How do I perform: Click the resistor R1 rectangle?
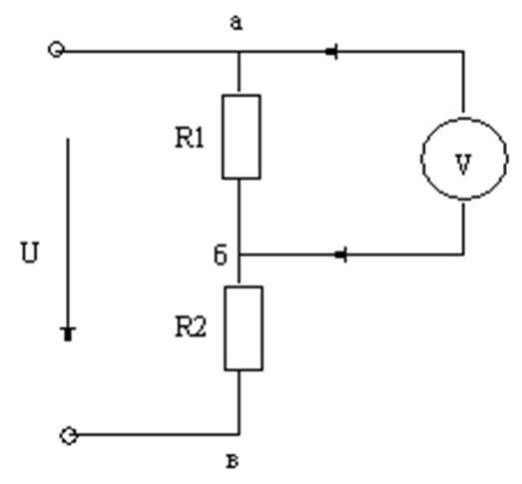pyautogui.click(x=223, y=137)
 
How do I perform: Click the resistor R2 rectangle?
pyautogui.click(x=225, y=328)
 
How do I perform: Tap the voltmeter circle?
pyautogui.click(x=423, y=159)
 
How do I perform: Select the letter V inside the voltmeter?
pyautogui.click(x=463, y=164)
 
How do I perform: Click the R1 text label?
pyautogui.click(x=189, y=138)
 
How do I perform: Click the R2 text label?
pyautogui.click(x=191, y=327)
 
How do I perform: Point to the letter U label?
pyautogui.click(x=30, y=252)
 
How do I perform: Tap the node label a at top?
pyautogui.click(x=237, y=23)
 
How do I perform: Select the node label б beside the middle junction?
pyautogui.click(x=221, y=254)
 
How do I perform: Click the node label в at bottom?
pyautogui.click(x=233, y=461)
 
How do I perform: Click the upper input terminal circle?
pyautogui.click(x=56, y=50)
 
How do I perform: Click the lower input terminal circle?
pyautogui.click(x=69, y=436)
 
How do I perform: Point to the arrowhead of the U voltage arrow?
pyautogui.click(x=68, y=334)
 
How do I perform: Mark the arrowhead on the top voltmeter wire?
pyautogui.click(x=332, y=52)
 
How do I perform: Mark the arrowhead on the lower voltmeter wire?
pyautogui.click(x=341, y=255)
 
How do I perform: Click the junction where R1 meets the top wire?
pyautogui.click(x=239, y=52)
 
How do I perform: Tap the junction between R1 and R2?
pyautogui.click(x=239, y=254)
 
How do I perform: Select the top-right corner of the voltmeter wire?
pyautogui.click(x=463, y=52)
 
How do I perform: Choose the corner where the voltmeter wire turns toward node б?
pyautogui.click(x=463, y=254)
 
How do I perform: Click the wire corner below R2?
pyautogui.click(x=239, y=435)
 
